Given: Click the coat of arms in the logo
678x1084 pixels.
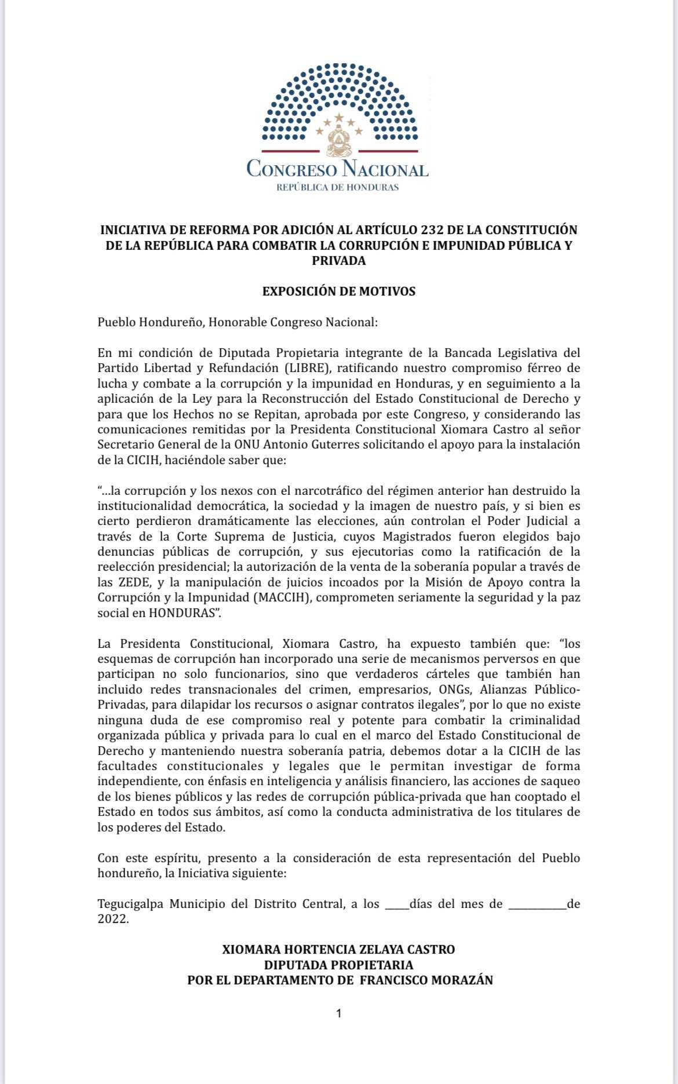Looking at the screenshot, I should coord(338,143).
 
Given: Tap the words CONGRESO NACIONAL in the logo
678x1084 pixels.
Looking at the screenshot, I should coord(338,169).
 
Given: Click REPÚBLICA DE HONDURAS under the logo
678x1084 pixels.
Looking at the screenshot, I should coord(338,188).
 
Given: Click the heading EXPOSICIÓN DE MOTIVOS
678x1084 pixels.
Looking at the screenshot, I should coord(339,291).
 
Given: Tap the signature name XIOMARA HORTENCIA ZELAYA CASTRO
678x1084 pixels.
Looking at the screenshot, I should coord(339,950).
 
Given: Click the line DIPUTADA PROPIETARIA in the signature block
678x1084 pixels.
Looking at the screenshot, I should coord(339,965).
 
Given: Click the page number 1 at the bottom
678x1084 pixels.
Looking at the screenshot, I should coord(339,1013).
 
